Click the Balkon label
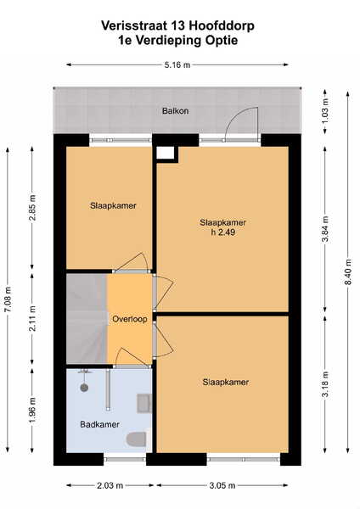coord(175,111)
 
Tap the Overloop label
coord(130,319)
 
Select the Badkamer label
coord(99,424)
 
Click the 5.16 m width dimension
coord(177,65)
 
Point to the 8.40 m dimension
coord(347,271)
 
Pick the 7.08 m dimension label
coord(8,299)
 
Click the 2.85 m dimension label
coord(32,208)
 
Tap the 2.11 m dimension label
coord(32,318)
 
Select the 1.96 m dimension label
coord(32,411)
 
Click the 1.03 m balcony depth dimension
coord(325,110)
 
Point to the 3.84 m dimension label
coord(325,229)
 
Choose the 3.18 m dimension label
coord(325,384)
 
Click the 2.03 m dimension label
coord(110,485)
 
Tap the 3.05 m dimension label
coord(222,485)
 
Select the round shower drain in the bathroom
coord(84,388)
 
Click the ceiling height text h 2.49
coord(223,232)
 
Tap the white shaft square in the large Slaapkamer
coord(165,153)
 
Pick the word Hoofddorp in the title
coord(222,25)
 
